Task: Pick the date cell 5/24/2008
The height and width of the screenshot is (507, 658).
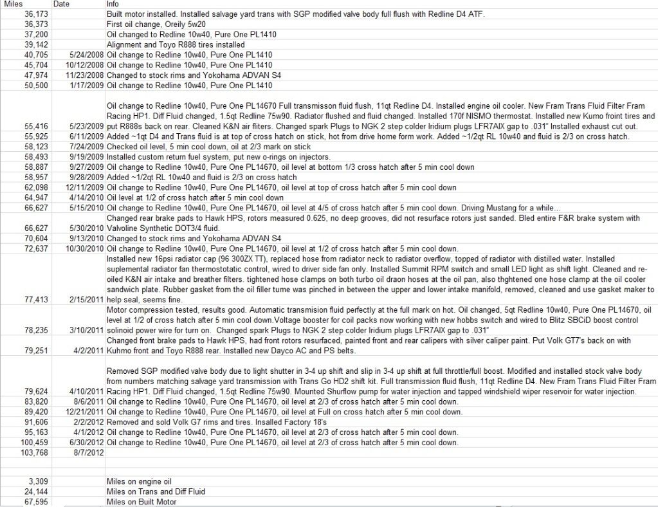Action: click(86, 55)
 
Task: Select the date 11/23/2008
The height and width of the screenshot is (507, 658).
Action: click(84, 75)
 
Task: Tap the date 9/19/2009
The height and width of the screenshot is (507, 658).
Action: click(86, 156)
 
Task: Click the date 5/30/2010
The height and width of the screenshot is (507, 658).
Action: click(86, 228)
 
